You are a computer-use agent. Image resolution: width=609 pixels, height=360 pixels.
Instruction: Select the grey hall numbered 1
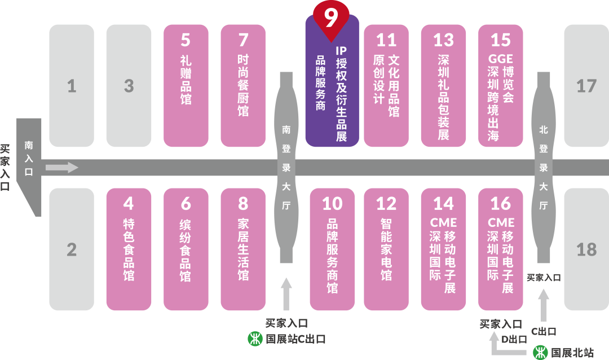tap(72, 86)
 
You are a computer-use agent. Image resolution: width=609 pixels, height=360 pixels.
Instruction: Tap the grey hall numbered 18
tap(586, 249)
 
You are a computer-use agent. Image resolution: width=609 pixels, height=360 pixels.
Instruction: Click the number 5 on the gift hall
tap(186, 40)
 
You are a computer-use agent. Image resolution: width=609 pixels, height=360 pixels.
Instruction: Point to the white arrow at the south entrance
tap(61, 168)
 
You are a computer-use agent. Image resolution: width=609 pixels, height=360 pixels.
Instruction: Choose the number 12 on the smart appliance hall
tap(386, 203)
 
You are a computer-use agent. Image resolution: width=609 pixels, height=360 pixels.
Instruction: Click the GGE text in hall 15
tap(501, 59)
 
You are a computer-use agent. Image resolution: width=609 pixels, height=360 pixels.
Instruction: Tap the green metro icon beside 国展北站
tap(540, 353)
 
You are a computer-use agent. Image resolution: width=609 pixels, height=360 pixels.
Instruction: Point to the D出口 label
tap(514, 340)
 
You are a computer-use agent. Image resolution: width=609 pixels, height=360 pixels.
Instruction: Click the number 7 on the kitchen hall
tap(243, 40)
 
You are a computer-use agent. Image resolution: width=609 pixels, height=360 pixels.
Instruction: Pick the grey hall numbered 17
tap(586, 86)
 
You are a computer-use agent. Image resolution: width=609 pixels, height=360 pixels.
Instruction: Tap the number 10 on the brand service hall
tap(333, 203)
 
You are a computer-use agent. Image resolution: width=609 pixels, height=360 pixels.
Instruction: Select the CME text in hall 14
tap(443, 222)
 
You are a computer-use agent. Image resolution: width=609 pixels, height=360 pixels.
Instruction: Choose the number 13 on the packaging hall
tap(444, 40)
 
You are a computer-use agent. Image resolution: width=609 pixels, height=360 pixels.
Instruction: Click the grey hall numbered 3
tap(129, 86)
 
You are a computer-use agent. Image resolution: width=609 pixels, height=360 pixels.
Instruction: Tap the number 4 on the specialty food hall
tap(129, 203)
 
